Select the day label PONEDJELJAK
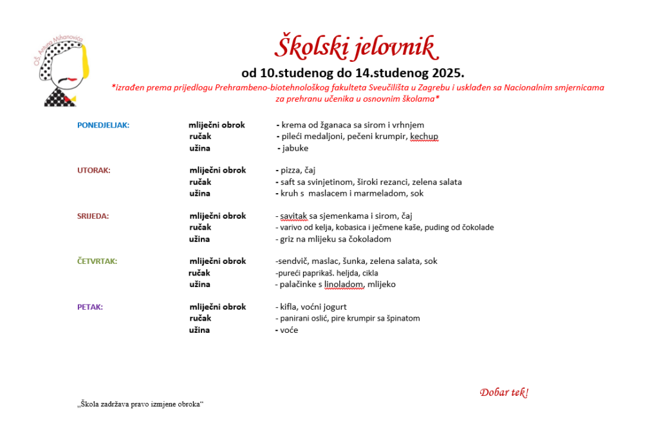[103, 125]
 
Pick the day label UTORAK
[94, 171]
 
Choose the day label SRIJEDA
[93, 216]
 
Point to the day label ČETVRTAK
[97, 261]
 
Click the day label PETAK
[90, 307]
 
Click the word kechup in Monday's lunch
[424, 136]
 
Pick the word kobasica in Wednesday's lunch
[351, 227]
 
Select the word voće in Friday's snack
[290, 330]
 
